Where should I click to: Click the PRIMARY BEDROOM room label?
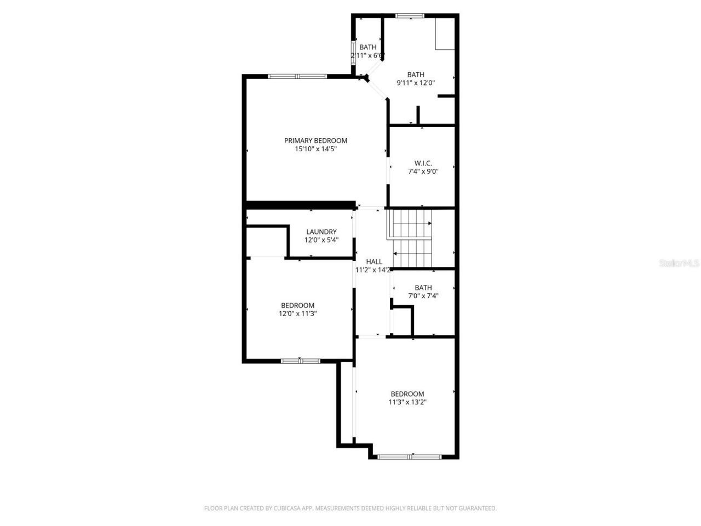pyautogui.click(x=315, y=141)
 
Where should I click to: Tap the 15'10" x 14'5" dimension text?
pyautogui.click(x=315, y=149)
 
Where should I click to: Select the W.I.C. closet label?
pyautogui.click(x=423, y=163)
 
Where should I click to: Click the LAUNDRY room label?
pyautogui.click(x=321, y=232)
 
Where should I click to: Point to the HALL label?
pyautogui.click(x=374, y=262)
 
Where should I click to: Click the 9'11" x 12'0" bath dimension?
pyautogui.click(x=416, y=83)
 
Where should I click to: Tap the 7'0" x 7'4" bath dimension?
pyautogui.click(x=423, y=296)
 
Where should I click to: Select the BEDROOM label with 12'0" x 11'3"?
pyautogui.click(x=297, y=306)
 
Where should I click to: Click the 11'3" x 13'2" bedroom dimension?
pyautogui.click(x=407, y=402)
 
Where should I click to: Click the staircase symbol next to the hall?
pyautogui.click(x=412, y=238)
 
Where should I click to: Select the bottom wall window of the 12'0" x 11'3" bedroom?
pyautogui.click(x=300, y=361)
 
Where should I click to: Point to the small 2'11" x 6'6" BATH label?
pyautogui.click(x=368, y=48)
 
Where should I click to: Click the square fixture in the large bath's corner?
pyautogui.click(x=444, y=34)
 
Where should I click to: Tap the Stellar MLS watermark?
pyautogui.click(x=679, y=264)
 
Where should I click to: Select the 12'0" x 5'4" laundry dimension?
pyautogui.click(x=321, y=240)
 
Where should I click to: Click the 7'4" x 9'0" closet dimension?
pyautogui.click(x=423, y=171)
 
